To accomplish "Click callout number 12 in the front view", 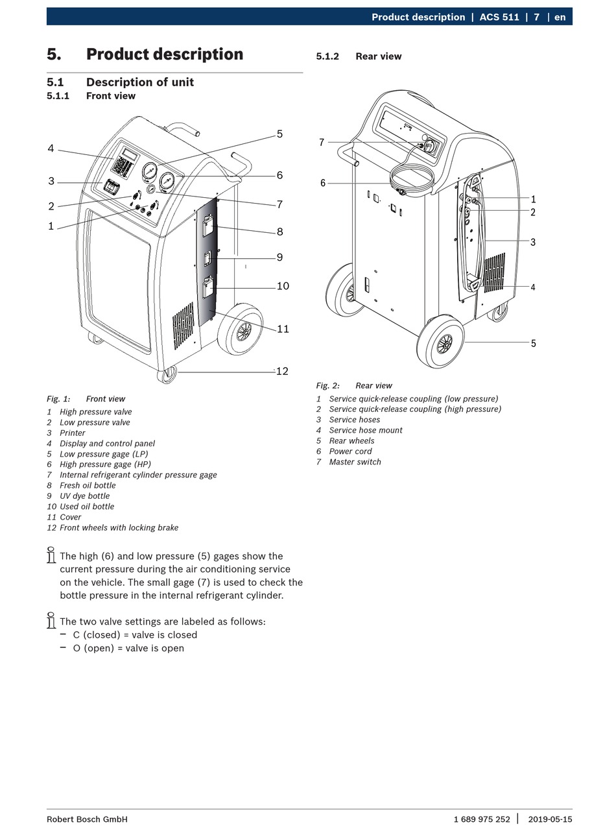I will point(282,371).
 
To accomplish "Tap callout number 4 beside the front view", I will point(51,149).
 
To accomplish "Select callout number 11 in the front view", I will point(283,329).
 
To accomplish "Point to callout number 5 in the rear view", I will point(534,343).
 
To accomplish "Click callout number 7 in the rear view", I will point(321,142).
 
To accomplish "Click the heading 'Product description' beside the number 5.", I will point(165,54).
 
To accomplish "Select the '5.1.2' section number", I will point(327,56).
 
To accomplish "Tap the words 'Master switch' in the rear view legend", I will point(355,462).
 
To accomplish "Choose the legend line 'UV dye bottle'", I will point(84,496).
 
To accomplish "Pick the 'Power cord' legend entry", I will point(350,451).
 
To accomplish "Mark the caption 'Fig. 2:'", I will point(327,385).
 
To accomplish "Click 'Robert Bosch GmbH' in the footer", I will point(87,819).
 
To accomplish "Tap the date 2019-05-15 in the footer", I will point(550,819).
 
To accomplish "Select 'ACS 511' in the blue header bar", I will point(499,17).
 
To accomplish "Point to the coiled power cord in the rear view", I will point(411,178).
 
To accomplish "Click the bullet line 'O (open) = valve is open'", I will point(128,648).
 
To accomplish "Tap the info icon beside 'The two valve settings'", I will point(51,621).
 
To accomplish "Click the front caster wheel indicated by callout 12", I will point(168,374).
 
